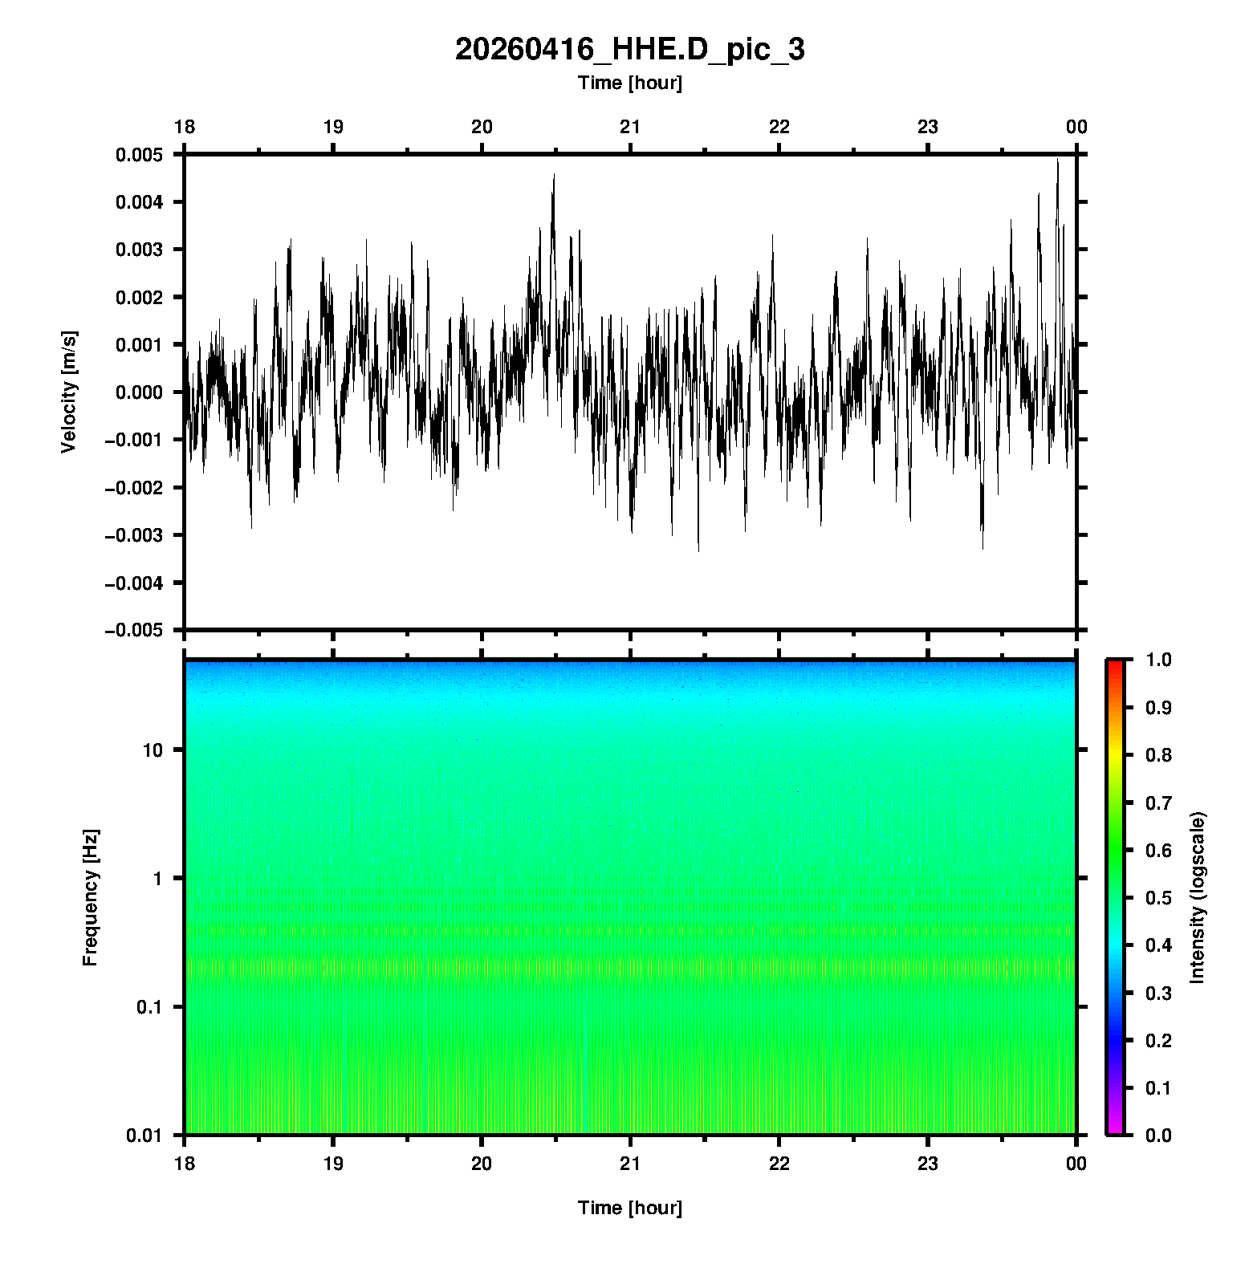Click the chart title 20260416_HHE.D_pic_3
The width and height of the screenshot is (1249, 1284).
tap(629, 50)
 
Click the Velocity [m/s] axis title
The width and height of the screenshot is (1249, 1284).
tap(69, 392)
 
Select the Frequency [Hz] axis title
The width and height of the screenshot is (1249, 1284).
tap(90, 897)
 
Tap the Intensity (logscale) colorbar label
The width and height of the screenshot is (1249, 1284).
tap(1198, 897)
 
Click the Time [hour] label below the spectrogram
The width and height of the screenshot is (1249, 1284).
tap(629, 1208)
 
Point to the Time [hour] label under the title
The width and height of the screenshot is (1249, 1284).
tap(629, 83)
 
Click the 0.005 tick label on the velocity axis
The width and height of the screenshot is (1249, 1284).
tap(139, 155)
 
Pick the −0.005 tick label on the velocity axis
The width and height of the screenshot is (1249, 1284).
tap(133, 631)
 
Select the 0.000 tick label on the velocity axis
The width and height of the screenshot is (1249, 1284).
tap(139, 392)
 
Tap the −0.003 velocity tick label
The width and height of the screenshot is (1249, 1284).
tap(133, 535)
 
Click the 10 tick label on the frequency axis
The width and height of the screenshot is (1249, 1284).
tap(153, 750)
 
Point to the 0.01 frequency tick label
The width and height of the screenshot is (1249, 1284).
tap(144, 1135)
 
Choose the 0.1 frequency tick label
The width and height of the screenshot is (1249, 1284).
tap(148, 1007)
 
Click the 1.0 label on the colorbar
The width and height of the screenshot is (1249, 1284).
tap(1159, 660)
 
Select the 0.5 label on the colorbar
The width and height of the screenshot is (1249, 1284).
tap(1159, 897)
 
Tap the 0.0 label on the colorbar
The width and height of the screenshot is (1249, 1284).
tap(1159, 1135)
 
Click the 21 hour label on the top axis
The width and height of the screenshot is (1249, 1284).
tap(630, 127)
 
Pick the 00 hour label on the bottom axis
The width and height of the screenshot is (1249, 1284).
tap(1076, 1164)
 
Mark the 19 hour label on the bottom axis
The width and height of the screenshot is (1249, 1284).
tap(333, 1164)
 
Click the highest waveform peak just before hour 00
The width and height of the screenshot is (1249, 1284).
tap(1057, 160)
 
